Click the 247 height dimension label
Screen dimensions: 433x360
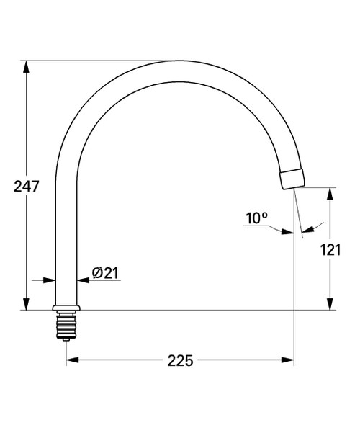[26, 186]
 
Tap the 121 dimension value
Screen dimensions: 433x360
[330, 250]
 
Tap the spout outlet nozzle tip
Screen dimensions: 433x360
[292, 179]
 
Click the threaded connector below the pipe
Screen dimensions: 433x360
[66, 325]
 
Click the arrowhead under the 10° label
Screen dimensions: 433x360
[289, 231]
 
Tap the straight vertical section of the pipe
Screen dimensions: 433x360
[66, 238]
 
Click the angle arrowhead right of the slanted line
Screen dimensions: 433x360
[306, 228]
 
